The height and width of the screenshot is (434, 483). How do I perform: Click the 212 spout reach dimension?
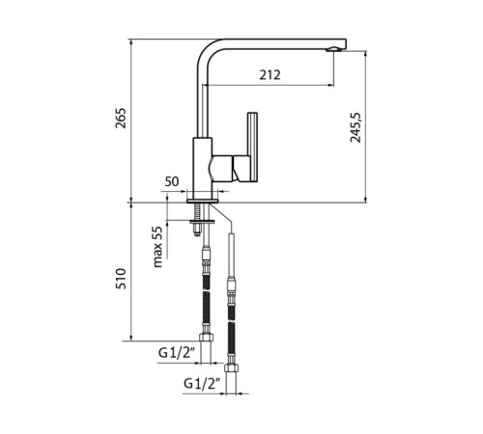click(270, 75)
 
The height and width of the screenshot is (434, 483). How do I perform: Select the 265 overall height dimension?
click(121, 119)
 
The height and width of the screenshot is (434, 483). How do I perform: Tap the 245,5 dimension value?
click(355, 127)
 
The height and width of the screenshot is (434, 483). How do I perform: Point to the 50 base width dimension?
click(172, 181)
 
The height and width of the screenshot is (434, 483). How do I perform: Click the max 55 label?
click(157, 247)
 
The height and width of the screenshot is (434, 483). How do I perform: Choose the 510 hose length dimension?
click(121, 279)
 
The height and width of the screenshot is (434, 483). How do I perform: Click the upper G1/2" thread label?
click(177, 353)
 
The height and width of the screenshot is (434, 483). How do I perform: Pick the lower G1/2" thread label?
click(202, 383)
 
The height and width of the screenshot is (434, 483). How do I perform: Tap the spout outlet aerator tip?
click(333, 49)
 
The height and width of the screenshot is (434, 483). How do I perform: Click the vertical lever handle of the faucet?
click(252, 148)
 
